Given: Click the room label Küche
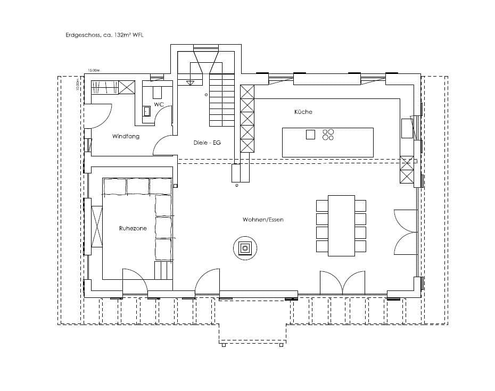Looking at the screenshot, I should pyautogui.click(x=303, y=112).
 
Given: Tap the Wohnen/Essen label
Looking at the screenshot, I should pyautogui.click(x=262, y=219).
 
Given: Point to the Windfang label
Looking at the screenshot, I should pyautogui.click(x=126, y=137).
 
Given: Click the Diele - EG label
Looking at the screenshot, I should pyautogui.click(x=207, y=143).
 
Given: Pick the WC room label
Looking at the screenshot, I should pyautogui.click(x=158, y=104).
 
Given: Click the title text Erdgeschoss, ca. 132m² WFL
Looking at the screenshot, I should pyautogui.click(x=104, y=35).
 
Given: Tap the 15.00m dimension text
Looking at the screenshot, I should pyautogui.click(x=94, y=70).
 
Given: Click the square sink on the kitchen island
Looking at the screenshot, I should pyautogui.click(x=310, y=135).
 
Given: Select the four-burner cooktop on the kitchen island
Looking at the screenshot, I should pyautogui.click(x=328, y=135).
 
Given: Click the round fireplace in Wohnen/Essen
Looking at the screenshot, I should pyautogui.click(x=245, y=247).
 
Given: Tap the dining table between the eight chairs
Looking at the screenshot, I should pyautogui.click(x=341, y=226).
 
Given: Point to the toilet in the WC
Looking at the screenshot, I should pyautogui.click(x=147, y=111).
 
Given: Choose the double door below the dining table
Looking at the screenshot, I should pyautogui.click(x=342, y=283).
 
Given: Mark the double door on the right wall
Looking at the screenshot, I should pyautogui.click(x=405, y=233).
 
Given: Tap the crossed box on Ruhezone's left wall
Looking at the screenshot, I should pyautogui.click(x=96, y=226).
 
